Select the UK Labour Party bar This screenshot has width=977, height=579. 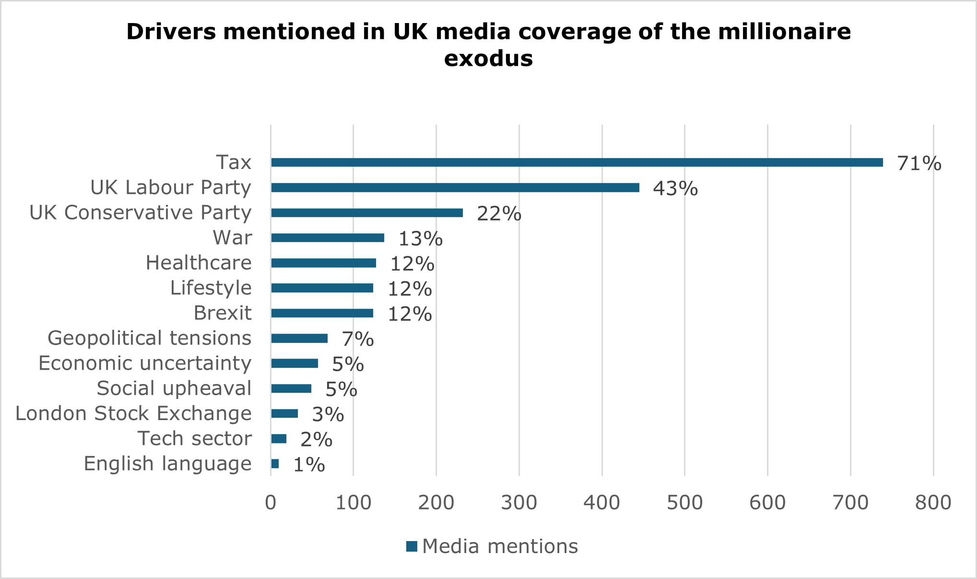click(455, 188)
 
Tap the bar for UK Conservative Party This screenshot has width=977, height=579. click(367, 213)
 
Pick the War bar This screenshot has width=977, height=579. click(328, 238)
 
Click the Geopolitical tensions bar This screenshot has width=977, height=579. click(299, 338)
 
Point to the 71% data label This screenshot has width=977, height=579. click(919, 164)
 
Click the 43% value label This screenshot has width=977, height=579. click(675, 189)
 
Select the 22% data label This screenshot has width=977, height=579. click(499, 214)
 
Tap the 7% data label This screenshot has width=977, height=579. click(358, 339)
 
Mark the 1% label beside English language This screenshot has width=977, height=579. click(309, 465)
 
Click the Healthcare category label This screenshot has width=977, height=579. click(199, 263)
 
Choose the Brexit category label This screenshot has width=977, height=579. click(223, 313)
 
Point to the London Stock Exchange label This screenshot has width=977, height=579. click(133, 413)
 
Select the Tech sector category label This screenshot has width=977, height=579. click(194, 438)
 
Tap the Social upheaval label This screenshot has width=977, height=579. click(174, 388)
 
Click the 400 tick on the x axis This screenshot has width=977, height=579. click(601, 503)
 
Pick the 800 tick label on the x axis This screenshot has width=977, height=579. click(933, 503)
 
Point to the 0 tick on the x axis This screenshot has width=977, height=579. click(271, 503)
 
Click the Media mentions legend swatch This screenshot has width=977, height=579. click(412, 546)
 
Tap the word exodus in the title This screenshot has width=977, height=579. click(488, 59)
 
